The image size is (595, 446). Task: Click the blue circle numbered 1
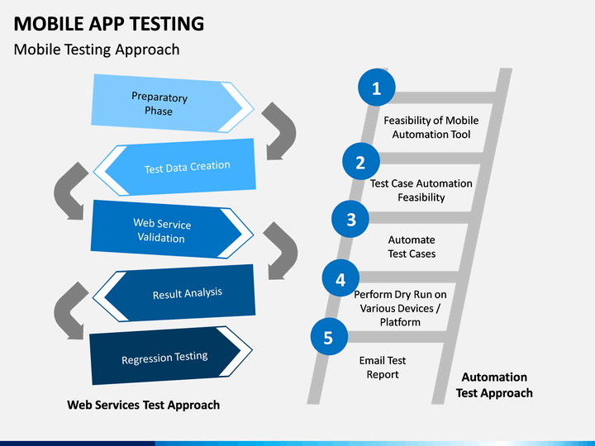(x=377, y=88)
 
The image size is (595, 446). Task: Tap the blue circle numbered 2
(x=361, y=162)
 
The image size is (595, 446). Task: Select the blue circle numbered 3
(x=350, y=219)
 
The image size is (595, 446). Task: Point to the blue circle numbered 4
(x=340, y=278)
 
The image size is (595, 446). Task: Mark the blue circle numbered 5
(x=329, y=337)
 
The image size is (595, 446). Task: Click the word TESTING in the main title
(x=167, y=23)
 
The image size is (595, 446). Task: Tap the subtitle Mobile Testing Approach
(x=97, y=50)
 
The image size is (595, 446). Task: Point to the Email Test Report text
(x=383, y=367)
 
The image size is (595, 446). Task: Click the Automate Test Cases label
(x=412, y=246)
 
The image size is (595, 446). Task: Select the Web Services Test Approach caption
(x=144, y=405)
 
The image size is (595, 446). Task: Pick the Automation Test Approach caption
(x=494, y=385)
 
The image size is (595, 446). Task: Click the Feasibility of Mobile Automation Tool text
(x=431, y=127)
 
